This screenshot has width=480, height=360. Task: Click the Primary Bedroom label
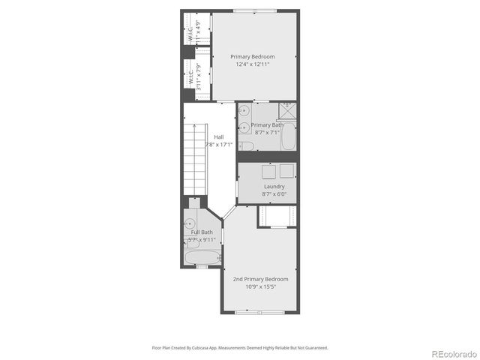click(x=252, y=57)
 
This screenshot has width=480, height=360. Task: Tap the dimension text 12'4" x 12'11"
click(x=252, y=65)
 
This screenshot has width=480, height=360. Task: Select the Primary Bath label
click(x=267, y=124)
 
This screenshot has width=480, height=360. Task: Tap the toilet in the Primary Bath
click(x=245, y=143)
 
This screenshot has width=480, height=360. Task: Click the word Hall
click(x=218, y=136)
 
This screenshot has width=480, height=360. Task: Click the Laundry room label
click(x=274, y=186)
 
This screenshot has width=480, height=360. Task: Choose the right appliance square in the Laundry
click(x=286, y=169)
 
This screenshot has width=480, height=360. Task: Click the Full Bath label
click(x=201, y=232)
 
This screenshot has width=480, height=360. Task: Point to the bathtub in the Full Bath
click(x=201, y=258)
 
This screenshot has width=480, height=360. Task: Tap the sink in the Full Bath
click(x=190, y=223)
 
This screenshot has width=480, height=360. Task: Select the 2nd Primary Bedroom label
click(x=260, y=279)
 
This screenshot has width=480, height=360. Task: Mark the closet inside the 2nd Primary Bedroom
click(x=277, y=216)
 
